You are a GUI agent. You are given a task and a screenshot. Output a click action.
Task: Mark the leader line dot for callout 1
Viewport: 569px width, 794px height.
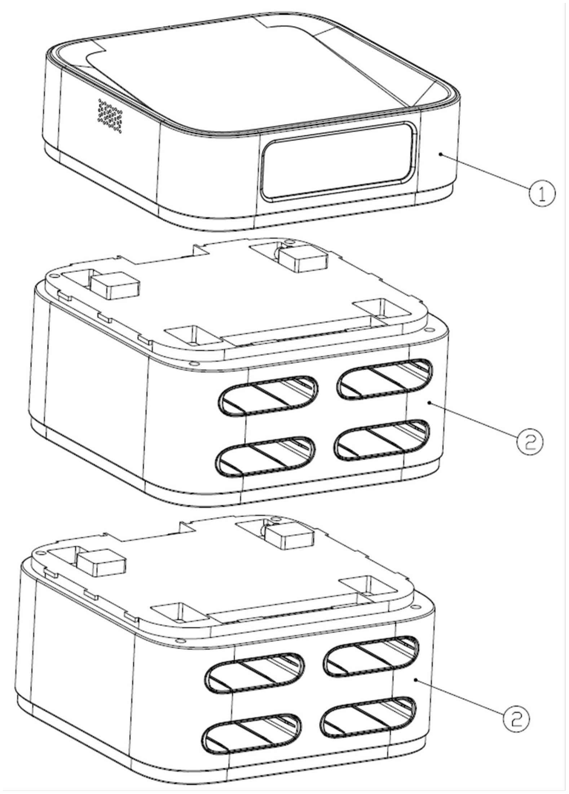coord(441,154)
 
